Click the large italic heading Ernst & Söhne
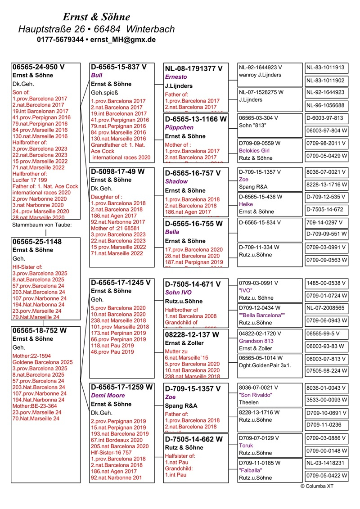96,17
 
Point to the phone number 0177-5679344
60,40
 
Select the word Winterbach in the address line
151,29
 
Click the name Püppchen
179,127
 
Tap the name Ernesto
176,77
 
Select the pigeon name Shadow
176,181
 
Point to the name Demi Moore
108,396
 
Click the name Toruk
246,445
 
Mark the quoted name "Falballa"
251,470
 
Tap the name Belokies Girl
254,151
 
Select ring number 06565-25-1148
37,242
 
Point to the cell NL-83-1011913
325,68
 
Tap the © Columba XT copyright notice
317,486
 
